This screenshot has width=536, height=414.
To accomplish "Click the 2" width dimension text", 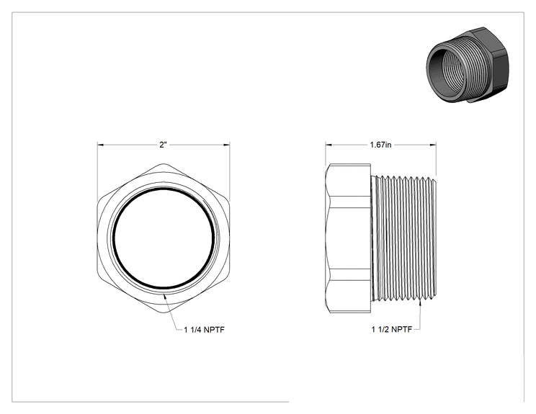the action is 163,145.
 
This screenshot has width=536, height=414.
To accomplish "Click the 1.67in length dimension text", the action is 380,145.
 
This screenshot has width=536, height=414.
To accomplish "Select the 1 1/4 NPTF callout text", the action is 204,330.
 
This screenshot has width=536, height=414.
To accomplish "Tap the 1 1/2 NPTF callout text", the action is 392,329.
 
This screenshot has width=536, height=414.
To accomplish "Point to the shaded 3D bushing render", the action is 468,65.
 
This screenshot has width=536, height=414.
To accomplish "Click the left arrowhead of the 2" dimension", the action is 100,145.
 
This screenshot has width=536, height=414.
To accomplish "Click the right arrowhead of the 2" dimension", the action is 227,145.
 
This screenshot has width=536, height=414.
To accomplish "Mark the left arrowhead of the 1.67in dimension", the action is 329,145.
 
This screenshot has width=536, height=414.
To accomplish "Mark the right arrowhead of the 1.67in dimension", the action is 433,145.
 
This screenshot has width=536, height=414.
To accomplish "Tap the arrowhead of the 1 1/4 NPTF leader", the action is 165,296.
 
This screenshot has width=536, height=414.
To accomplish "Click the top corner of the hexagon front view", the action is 164,164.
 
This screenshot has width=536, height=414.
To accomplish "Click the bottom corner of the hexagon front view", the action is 164,312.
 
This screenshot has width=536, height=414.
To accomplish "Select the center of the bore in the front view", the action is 164,238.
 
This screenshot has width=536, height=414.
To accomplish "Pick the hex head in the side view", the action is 348,238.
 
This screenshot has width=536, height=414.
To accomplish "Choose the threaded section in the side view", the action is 403,238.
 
